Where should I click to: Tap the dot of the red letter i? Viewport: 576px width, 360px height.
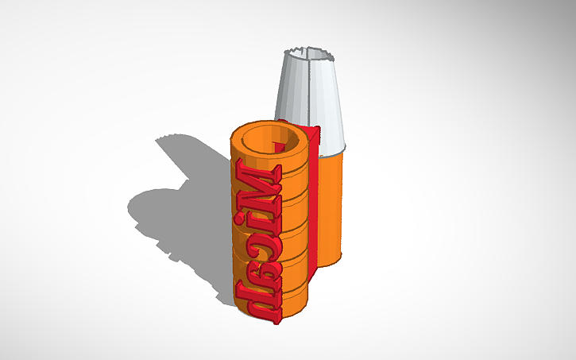point(275,215)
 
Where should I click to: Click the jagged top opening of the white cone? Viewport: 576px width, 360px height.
point(309,54)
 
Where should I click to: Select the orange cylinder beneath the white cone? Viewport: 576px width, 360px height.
point(334,207)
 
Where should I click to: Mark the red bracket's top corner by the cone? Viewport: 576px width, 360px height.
point(319,127)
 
